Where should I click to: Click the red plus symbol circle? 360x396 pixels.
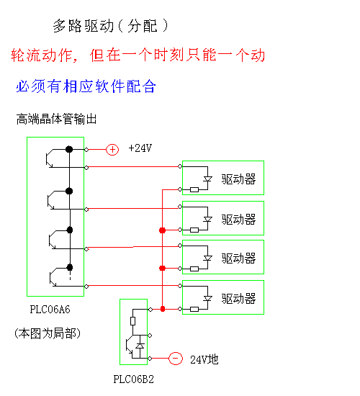click(112, 150)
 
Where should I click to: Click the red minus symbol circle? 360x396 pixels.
click(176, 359)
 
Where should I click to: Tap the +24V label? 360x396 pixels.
click(140, 148)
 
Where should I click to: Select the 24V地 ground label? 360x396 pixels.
click(204, 359)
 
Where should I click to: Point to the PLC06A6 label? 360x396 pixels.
click(50, 310)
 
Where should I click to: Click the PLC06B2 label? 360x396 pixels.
click(133, 379)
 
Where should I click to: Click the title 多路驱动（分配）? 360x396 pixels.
click(110, 26)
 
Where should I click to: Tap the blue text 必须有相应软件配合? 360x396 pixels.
click(86, 86)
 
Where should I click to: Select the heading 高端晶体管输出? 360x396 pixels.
click(56, 119)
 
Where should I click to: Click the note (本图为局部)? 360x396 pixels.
click(48, 333)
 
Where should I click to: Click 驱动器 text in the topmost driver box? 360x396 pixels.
click(238, 179)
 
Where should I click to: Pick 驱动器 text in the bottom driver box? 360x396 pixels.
click(238, 299)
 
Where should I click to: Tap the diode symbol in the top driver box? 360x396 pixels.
click(207, 179)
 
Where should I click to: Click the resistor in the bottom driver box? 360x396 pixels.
click(194, 309)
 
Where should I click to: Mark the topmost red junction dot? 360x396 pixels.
click(163, 230)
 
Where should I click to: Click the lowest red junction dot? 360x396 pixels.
click(163, 309)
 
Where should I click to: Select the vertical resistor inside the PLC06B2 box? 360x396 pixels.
click(133, 321)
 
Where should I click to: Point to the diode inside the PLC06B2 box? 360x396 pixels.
click(140, 346)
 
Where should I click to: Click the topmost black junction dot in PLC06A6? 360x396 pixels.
click(69, 149)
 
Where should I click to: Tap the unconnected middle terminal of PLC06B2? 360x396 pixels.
click(150, 336)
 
